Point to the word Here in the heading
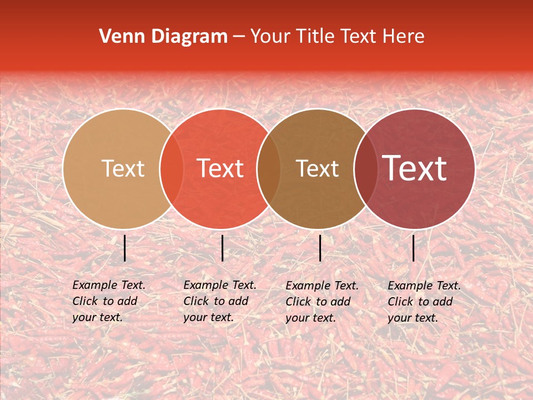405,37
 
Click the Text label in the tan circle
123,168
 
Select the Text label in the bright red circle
220,168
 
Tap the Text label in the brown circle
318,168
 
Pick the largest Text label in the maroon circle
415,168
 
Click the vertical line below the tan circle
125,248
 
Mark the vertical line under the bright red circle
222,248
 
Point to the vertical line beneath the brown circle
320,248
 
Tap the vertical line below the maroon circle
414,248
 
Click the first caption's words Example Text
109,285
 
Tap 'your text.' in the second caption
208,317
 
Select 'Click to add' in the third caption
318,302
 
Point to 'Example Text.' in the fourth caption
424,286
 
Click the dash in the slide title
239,37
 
